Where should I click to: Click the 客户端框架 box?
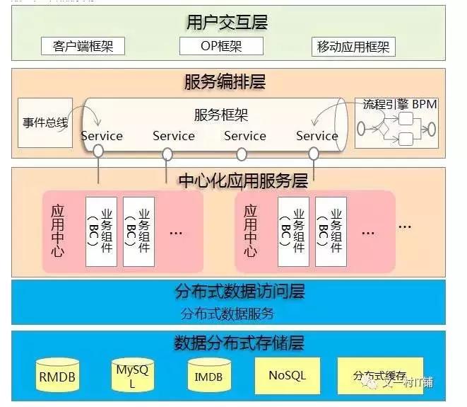[x=83, y=47]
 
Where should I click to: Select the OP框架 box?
[x=221, y=47]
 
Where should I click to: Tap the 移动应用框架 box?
[x=353, y=47]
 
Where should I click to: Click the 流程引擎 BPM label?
[x=400, y=105]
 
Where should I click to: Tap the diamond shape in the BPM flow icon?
[x=384, y=130]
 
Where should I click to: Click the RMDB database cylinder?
[x=57, y=377]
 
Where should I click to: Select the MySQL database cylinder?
[x=131, y=375]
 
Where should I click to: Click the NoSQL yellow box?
[x=287, y=375]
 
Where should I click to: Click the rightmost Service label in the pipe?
[x=317, y=136]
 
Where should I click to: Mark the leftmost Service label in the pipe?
[x=102, y=136]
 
